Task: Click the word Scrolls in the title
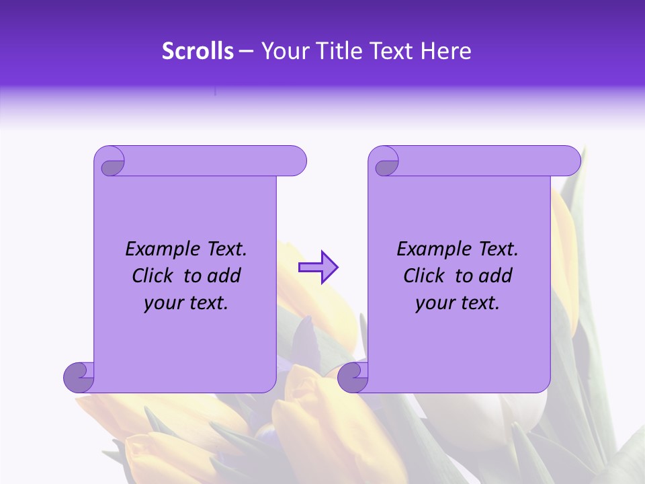coord(198,51)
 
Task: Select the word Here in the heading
coord(445,51)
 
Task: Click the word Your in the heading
coord(283,51)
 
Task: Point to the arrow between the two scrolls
coord(318,268)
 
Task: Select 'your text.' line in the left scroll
coord(186,303)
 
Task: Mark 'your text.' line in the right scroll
coord(458,303)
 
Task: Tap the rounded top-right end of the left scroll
coord(296,161)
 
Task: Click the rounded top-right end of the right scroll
coord(570,161)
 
